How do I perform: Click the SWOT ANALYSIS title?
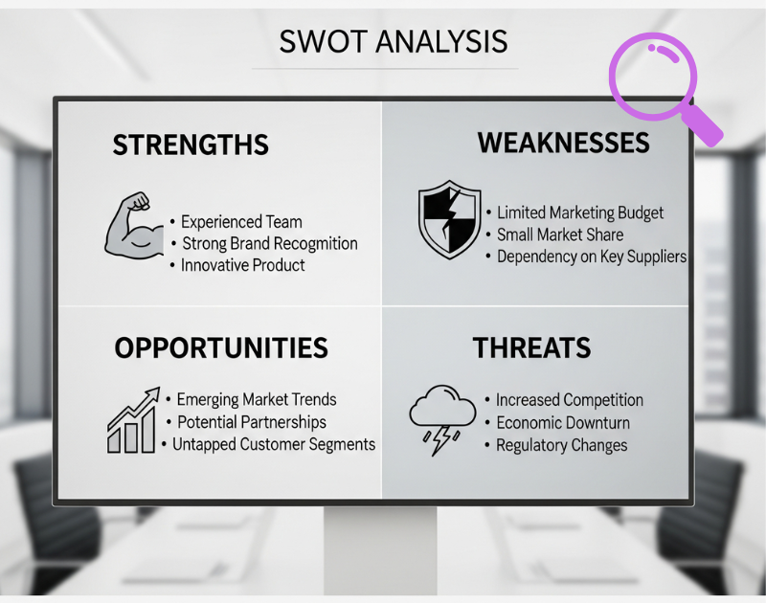tap(394, 41)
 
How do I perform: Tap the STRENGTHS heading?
tap(191, 145)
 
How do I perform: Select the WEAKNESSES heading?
tap(564, 143)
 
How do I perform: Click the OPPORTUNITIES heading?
tap(221, 347)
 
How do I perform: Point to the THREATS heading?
tap(532, 347)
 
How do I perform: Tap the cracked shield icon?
tap(449, 220)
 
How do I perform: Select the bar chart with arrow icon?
tap(133, 420)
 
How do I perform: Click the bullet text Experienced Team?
tap(241, 222)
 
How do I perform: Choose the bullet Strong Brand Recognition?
tap(270, 244)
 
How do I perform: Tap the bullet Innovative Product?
tap(243, 265)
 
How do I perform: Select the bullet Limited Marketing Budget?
tap(580, 212)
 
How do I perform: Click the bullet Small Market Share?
tap(560, 234)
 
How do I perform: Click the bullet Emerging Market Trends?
tap(257, 400)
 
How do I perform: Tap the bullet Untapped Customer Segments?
tap(274, 445)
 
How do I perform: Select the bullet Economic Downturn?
tap(563, 423)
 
